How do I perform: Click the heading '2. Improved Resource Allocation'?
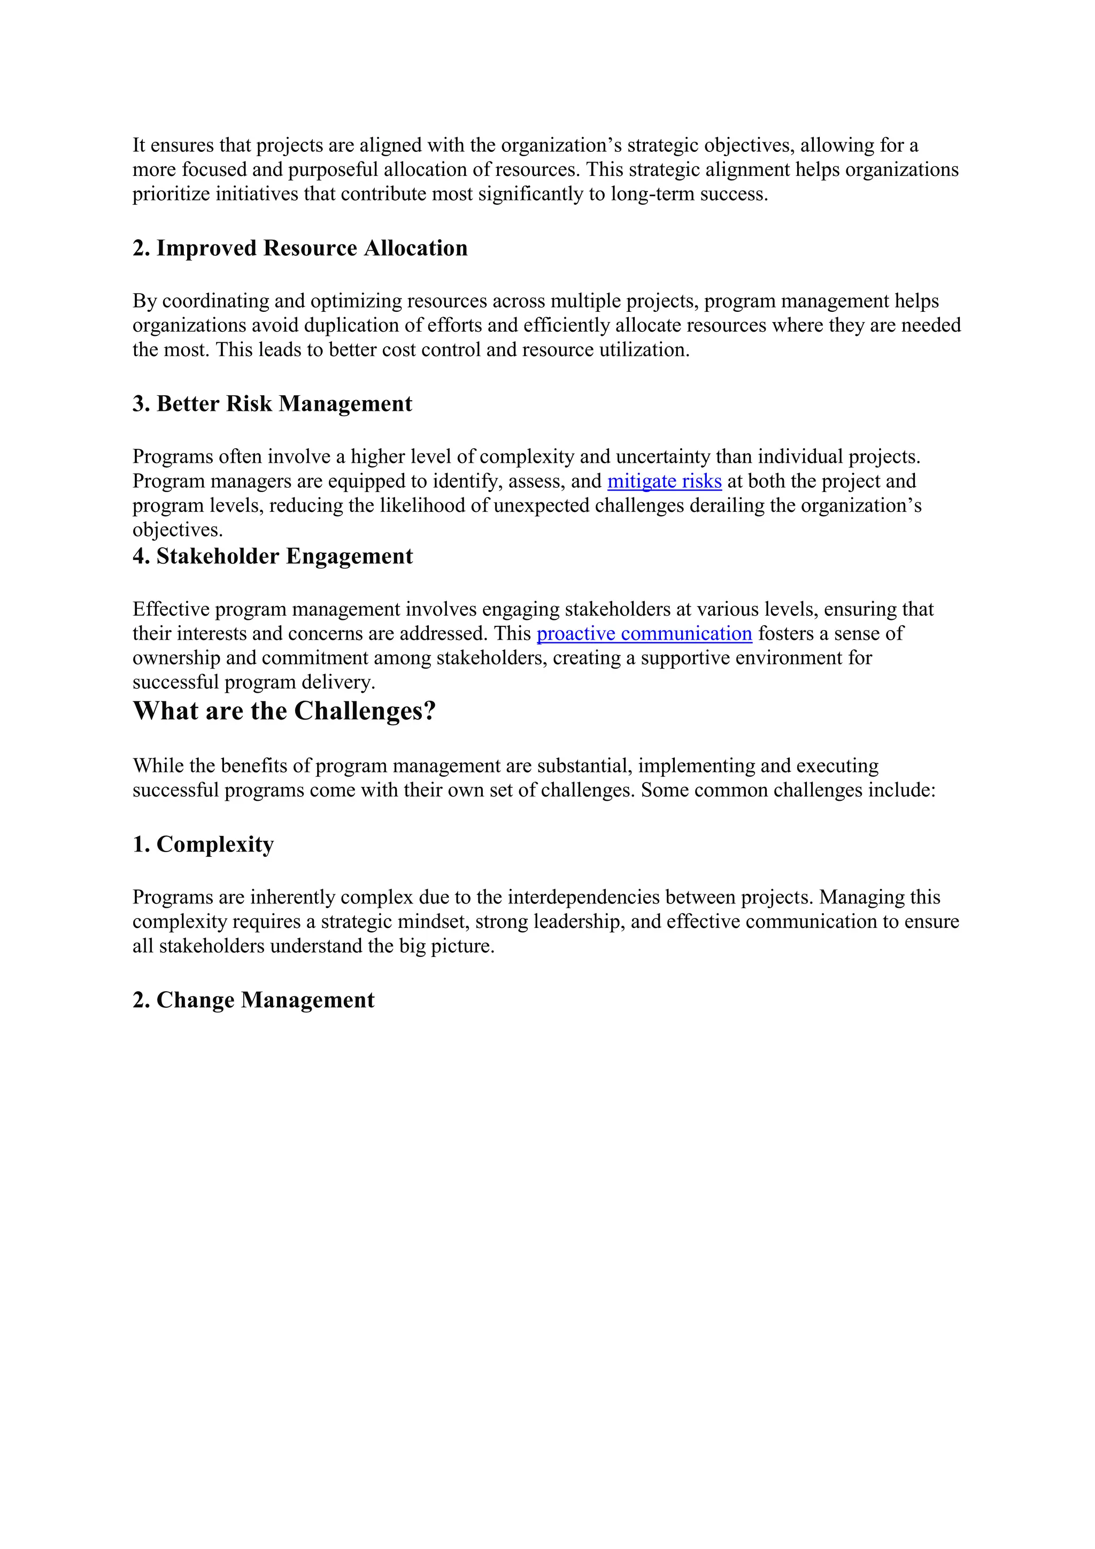299,248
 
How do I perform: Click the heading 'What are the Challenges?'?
284,711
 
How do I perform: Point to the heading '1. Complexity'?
203,844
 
